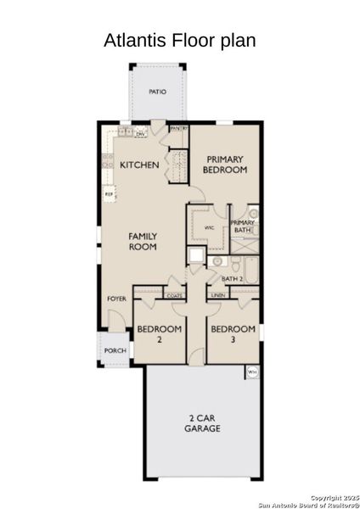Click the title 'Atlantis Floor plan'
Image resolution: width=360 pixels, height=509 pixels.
point(179,40)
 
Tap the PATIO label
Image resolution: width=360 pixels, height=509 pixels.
point(157,92)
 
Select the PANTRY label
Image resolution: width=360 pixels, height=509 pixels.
point(178,128)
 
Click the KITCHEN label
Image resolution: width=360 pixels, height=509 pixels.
point(139,164)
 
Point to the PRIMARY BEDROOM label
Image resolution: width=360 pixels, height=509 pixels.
point(224,164)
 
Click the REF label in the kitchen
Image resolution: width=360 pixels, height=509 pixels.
point(109,194)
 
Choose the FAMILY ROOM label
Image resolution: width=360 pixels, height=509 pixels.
point(143,241)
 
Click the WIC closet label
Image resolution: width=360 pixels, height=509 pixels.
point(209,228)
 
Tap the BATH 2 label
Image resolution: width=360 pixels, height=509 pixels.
point(233,278)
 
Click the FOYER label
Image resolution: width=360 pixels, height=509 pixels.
point(116,299)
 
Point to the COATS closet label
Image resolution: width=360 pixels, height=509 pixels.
point(174,295)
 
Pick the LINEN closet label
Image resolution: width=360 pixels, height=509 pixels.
point(217,295)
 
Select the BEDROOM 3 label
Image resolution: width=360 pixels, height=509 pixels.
point(233,333)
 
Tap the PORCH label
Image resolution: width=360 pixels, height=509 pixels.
point(115,350)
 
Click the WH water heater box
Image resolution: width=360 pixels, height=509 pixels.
point(252,372)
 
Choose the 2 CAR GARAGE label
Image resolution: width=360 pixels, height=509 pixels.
point(203,423)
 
